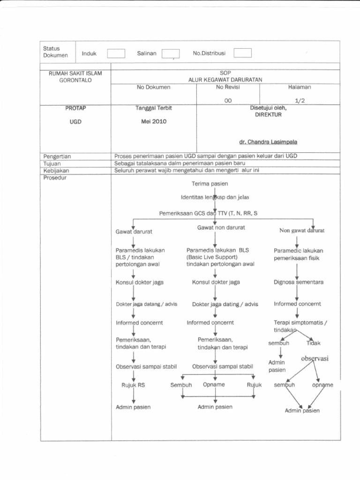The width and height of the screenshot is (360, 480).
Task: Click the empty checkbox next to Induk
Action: click(x=116, y=53)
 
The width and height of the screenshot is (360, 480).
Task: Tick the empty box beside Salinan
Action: click(x=171, y=54)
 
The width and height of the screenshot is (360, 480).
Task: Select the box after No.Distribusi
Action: click(x=242, y=53)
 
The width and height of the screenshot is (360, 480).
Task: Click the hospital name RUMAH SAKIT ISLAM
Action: click(x=75, y=74)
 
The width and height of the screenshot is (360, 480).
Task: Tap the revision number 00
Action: click(x=228, y=100)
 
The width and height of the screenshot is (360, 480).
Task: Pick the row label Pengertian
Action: click(x=57, y=156)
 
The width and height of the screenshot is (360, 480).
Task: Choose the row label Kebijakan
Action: click(x=56, y=171)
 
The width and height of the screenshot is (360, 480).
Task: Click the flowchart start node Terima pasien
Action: click(x=210, y=184)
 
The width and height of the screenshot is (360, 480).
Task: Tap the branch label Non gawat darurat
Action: click(x=302, y=231)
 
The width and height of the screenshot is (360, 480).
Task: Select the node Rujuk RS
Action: click(x=134, y=385)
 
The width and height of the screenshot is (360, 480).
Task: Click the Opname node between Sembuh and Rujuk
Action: click(x=214, y=385)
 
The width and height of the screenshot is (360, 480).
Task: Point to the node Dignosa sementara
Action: click(x=299, y=282)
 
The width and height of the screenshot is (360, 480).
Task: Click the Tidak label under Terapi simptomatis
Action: click(x=313, y=343)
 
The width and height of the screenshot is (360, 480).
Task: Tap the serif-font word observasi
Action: click(x=315, y=359)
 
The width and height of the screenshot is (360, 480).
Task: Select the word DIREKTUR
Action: click(x=268, y=115)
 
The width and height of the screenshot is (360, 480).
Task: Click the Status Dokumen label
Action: click(x=55, y=52)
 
